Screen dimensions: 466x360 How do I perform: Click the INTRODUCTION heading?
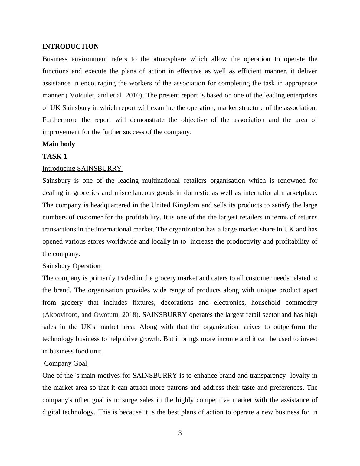70,47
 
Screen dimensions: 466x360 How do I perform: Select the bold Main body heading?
59,144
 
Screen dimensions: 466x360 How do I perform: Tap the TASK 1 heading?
54,156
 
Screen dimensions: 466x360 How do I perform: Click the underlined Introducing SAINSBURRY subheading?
82,169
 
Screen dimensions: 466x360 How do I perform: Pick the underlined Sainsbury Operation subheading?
71,266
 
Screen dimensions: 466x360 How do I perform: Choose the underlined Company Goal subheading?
65,363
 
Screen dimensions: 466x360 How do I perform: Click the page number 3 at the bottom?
180,433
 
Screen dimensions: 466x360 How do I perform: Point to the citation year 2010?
133,95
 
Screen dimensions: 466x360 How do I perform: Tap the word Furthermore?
60,120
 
